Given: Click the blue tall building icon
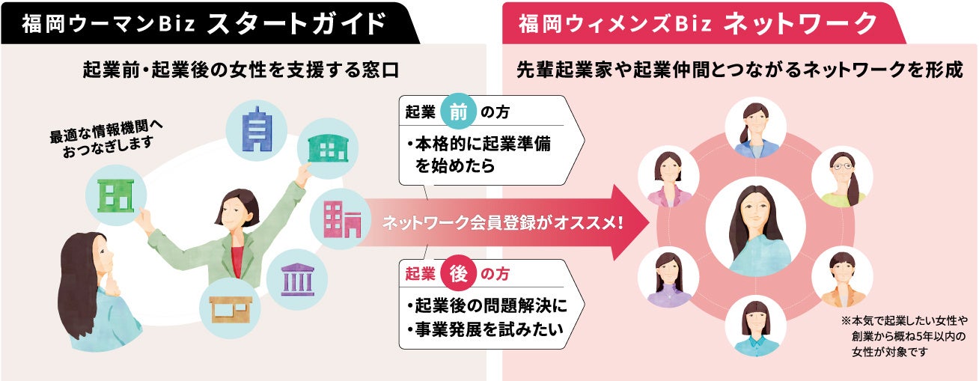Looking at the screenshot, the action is pyautogui.click(x=257, y=128).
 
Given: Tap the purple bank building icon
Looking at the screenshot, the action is pyautogui.click(x=296, y=279).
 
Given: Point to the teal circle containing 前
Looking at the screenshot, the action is pyautogui.click(x=458, y=112).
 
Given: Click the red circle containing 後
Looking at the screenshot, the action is pyautogui.click(x=458, y=275).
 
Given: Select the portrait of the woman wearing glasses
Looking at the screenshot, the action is pyautogui.click(x=842, y=177).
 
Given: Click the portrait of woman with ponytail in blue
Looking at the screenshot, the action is pyautogui.click(x=755, y=128).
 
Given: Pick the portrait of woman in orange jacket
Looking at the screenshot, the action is pyautogui.click(x=841, y=277).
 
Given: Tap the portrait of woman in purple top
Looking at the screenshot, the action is pyautogui.click(x=668, y=277).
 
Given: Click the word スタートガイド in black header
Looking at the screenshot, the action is pyautogui.click(x=296, y=23).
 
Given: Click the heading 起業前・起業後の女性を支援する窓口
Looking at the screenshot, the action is pyautogui.click(x=241, y=71).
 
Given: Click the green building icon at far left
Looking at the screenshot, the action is pyautogui.click(x=116, y=195).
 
